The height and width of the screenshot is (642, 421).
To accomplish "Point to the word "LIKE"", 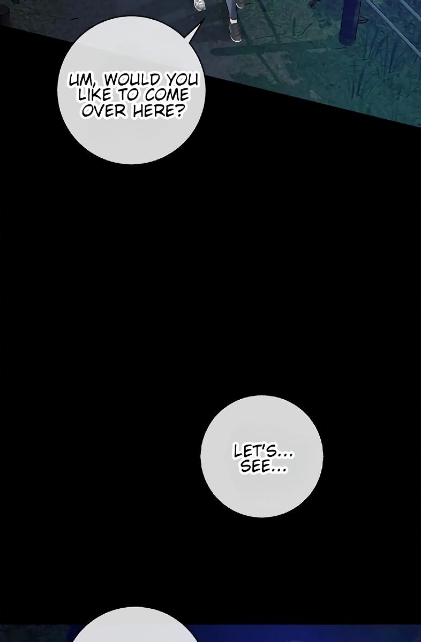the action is pyautogui.click(x=94, y=95).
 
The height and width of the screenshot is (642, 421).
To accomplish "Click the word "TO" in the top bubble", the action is pyautogui.click(x=129, y=95).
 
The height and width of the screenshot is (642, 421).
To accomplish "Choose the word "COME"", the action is pyautogui.click(x=167, y=95).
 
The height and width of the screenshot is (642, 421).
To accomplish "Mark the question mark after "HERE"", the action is pyautogui.click(x=179, y=111).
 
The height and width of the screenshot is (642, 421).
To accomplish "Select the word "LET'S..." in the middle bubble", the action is pyautogui.click(x=262, y=452).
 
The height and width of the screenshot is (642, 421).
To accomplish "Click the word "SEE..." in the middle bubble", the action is pyautogui.click(x=263, y=467).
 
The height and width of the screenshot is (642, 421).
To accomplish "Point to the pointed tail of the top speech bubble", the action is pyautogui.click(x=205, y=18).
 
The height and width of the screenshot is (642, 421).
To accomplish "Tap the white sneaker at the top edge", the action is pyautogui.click(x=199, y=5).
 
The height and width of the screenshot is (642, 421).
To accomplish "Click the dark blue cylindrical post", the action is pyautogui.click(x=350, y=21).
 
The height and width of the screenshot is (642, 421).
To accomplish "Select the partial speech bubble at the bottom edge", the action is pyautogui.click(x=134, y=625).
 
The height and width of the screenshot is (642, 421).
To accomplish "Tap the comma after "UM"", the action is pyautogui.click(x=95, y=85).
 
